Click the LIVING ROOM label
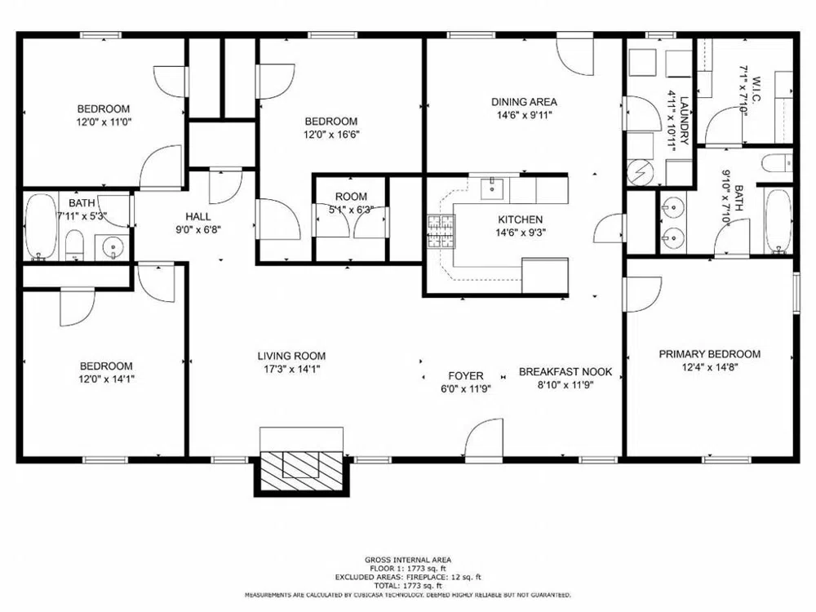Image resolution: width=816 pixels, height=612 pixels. pyautogui.click(x=291, y=356)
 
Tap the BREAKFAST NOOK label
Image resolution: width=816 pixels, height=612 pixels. pyautogui.click(x=565, y=372)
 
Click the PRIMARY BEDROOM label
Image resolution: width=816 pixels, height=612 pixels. pyautogui.click(x=709, y=354)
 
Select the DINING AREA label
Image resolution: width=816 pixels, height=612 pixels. pyautogui.click(x=524, y=102)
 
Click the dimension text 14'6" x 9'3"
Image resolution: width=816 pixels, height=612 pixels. pyautogui.click(x=521, y=232)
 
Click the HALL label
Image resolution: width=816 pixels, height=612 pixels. pyautogui.click(x=197, y=216)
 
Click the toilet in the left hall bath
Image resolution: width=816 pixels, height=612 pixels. pyautogui.click(x=74, y=244)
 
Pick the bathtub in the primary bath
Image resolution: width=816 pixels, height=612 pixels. pyautogui.click(x=778, y=220)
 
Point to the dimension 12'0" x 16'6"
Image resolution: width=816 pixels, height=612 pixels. pyautogui.click(x=331, y=135)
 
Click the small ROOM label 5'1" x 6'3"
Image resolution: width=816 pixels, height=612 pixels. pyautogui.click(x=351, y=197)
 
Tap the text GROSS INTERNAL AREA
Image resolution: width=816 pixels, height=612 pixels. pyautogui.click(x=407, y=560)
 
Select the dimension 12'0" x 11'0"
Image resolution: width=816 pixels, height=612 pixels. pyautogui.click(x=104, y=122)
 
